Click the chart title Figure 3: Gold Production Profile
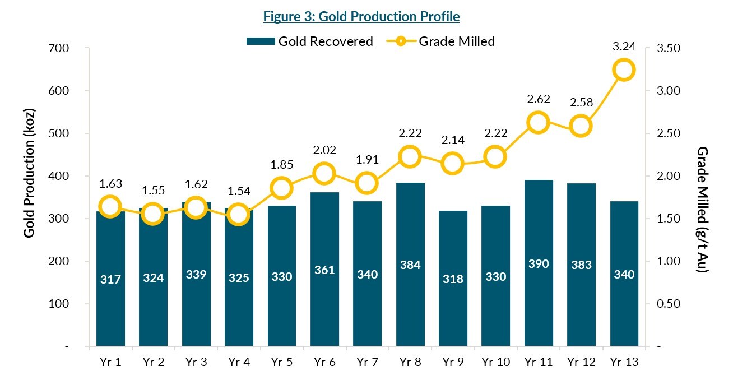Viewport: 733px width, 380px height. (x=361, y=17)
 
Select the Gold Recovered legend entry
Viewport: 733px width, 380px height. (x=309, y=41)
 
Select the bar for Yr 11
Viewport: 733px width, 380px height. (x=538, y=263)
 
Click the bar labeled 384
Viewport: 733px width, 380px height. (x=410, y=265)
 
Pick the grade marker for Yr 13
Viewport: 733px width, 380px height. (x=624, y=70)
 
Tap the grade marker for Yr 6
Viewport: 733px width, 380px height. (x=324, y=174)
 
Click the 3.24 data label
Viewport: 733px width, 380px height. (x=624, y=47)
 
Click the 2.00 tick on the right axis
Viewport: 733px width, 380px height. (x=667, y=176)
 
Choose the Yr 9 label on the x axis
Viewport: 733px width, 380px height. (x=452, y=362)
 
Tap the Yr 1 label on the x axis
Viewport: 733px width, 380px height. (x=110, y=362)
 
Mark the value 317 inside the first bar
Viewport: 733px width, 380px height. (x=110, y=279)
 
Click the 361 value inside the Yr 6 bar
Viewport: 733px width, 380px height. (x=324, y=270)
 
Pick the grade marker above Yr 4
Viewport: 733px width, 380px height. (x=238, y=214)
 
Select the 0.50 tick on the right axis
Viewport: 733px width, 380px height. (x=667, y=304)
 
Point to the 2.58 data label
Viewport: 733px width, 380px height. (x=581, y=103)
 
